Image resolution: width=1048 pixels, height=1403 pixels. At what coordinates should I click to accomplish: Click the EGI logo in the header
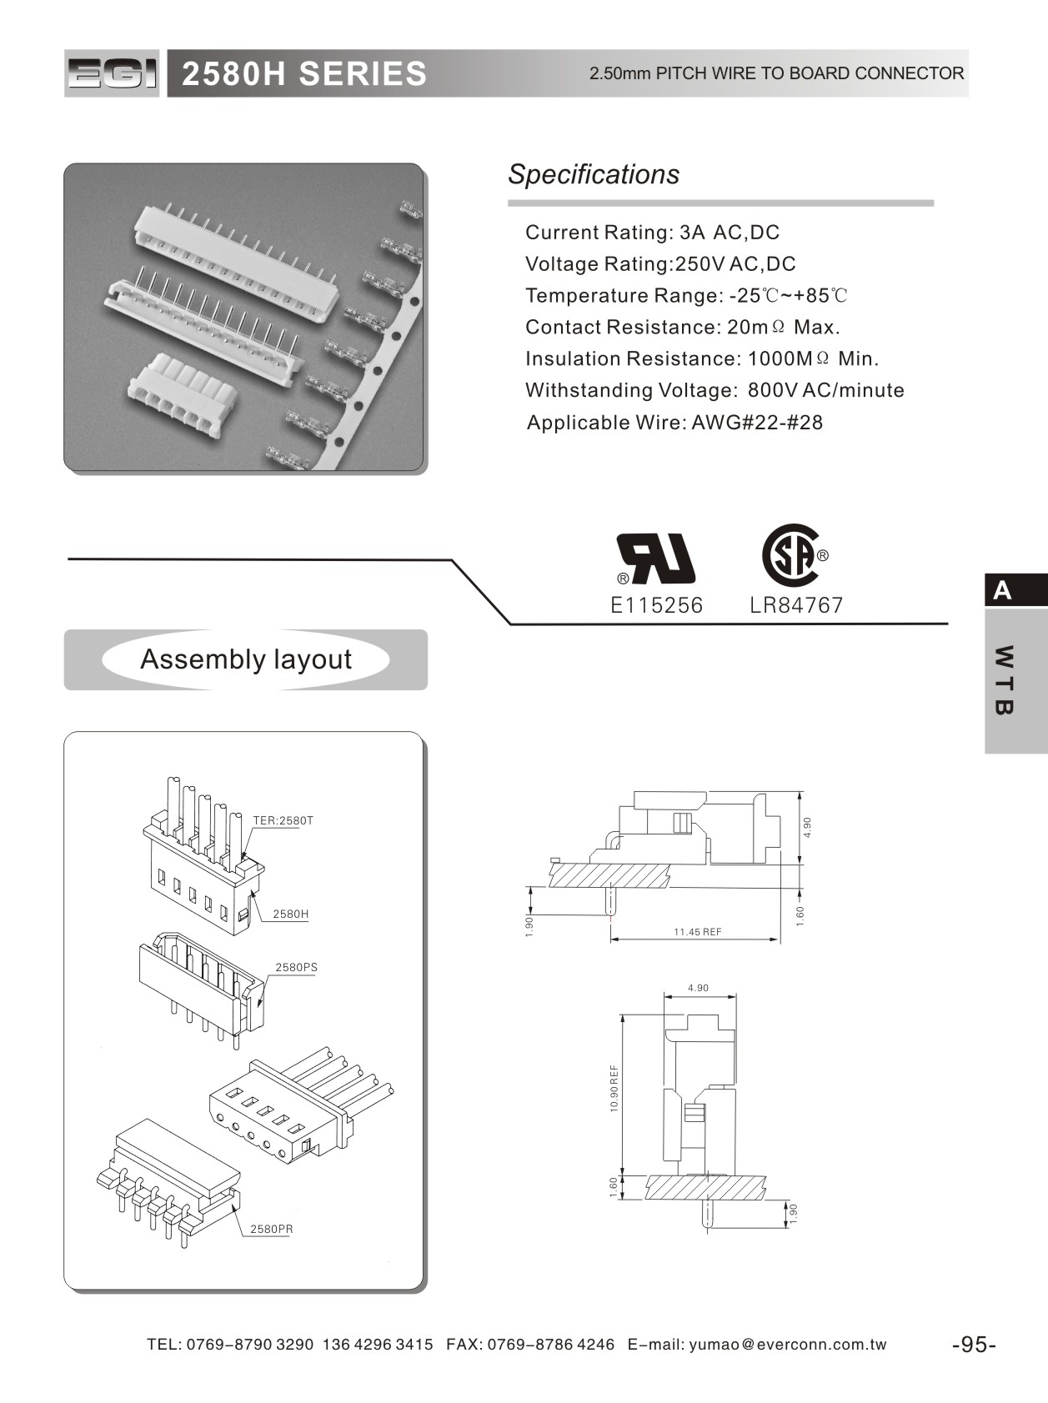pos(112,73)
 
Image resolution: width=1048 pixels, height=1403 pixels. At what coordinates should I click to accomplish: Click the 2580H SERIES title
pos(304,74)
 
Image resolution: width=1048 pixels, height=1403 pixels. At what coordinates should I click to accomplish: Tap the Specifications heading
pos(594,174)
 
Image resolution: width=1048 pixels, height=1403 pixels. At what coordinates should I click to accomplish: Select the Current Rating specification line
pos(652,233)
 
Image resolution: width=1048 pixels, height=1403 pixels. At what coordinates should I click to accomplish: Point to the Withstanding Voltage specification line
pos(715,390)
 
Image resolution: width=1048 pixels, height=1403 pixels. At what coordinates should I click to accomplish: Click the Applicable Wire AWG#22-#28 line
pos(674,423)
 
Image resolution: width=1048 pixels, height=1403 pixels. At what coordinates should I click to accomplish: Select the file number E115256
pos(657,605)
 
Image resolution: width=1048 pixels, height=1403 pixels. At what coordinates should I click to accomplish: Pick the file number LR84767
pos(796,605)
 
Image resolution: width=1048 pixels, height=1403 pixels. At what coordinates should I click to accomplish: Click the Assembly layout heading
pos(246,659)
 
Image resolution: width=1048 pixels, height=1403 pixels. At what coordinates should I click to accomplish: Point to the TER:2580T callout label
pos(283,820)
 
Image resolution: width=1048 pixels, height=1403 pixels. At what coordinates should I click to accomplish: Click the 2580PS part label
pos(296,967)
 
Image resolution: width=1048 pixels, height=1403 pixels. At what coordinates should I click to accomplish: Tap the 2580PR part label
pos(272,1229)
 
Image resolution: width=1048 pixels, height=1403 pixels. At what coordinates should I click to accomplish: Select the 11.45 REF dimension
pos(698,932)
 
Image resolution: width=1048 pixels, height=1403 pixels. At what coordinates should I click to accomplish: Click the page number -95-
pos(974,1345)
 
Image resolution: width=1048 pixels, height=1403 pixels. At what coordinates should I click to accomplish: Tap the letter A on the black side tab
pos(1002,591)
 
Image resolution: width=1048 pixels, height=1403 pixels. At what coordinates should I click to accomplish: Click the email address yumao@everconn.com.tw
pos(788,1345)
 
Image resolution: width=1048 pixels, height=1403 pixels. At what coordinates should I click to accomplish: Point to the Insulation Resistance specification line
pos(702,359)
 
